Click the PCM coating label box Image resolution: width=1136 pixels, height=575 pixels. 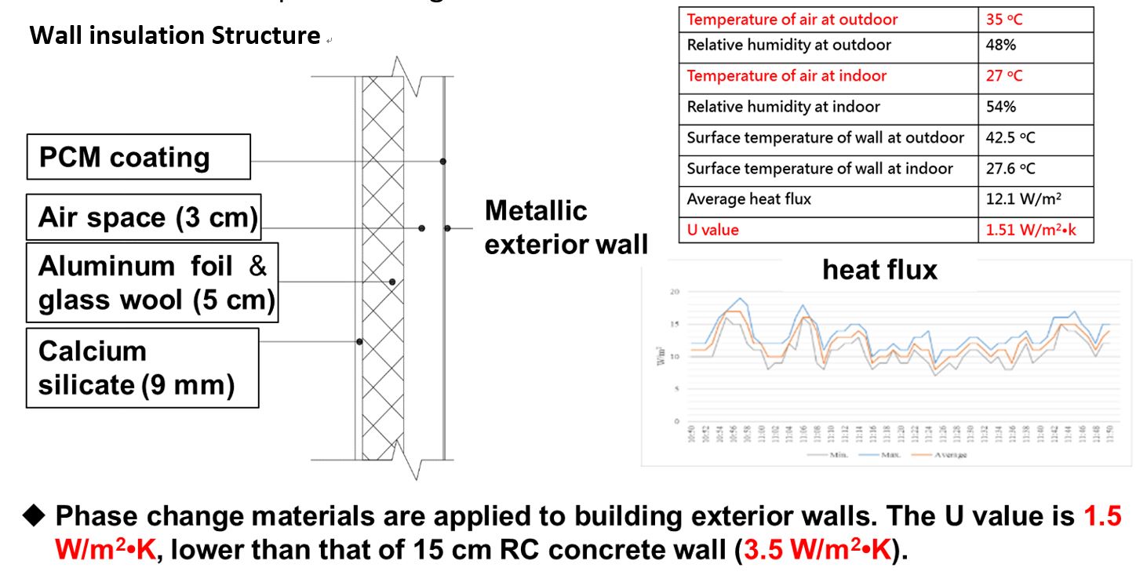pyautogui.click(x=138, y=157)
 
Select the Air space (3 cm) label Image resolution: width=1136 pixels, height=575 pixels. pyautogui.click(x=148, y=217)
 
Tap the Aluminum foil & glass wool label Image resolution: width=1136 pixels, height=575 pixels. pyautogui.click(x=152, y=283)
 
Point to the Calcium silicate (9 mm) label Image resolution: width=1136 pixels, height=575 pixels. pyautogui.click(x=142, y=368)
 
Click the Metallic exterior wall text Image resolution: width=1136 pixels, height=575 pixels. pyautogui.click(x=565, y=227)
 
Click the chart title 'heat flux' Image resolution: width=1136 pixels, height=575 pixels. pyautogui.click(x=879, y=270)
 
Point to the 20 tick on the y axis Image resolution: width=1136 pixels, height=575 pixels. pyautogui.click(x=672, y=292)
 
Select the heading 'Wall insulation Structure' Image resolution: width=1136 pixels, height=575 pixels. pyautogui.click(x=174, y=35)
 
